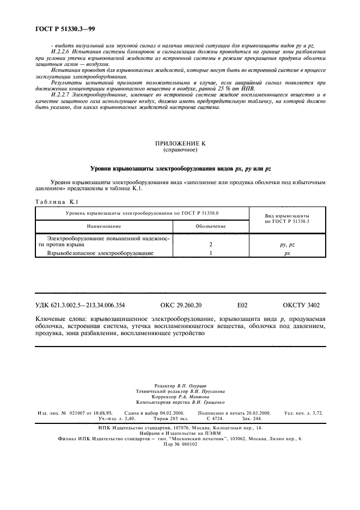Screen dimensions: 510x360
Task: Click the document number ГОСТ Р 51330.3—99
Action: coord(64,27)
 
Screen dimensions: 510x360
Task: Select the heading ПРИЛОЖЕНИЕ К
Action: coord(180,143)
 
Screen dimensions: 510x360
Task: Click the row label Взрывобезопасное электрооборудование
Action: coord(100,253)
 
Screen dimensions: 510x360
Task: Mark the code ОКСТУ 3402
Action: coord(301,306)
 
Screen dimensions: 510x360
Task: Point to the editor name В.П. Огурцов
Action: coord(195,385)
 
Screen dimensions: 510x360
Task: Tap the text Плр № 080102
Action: coord(180,444)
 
